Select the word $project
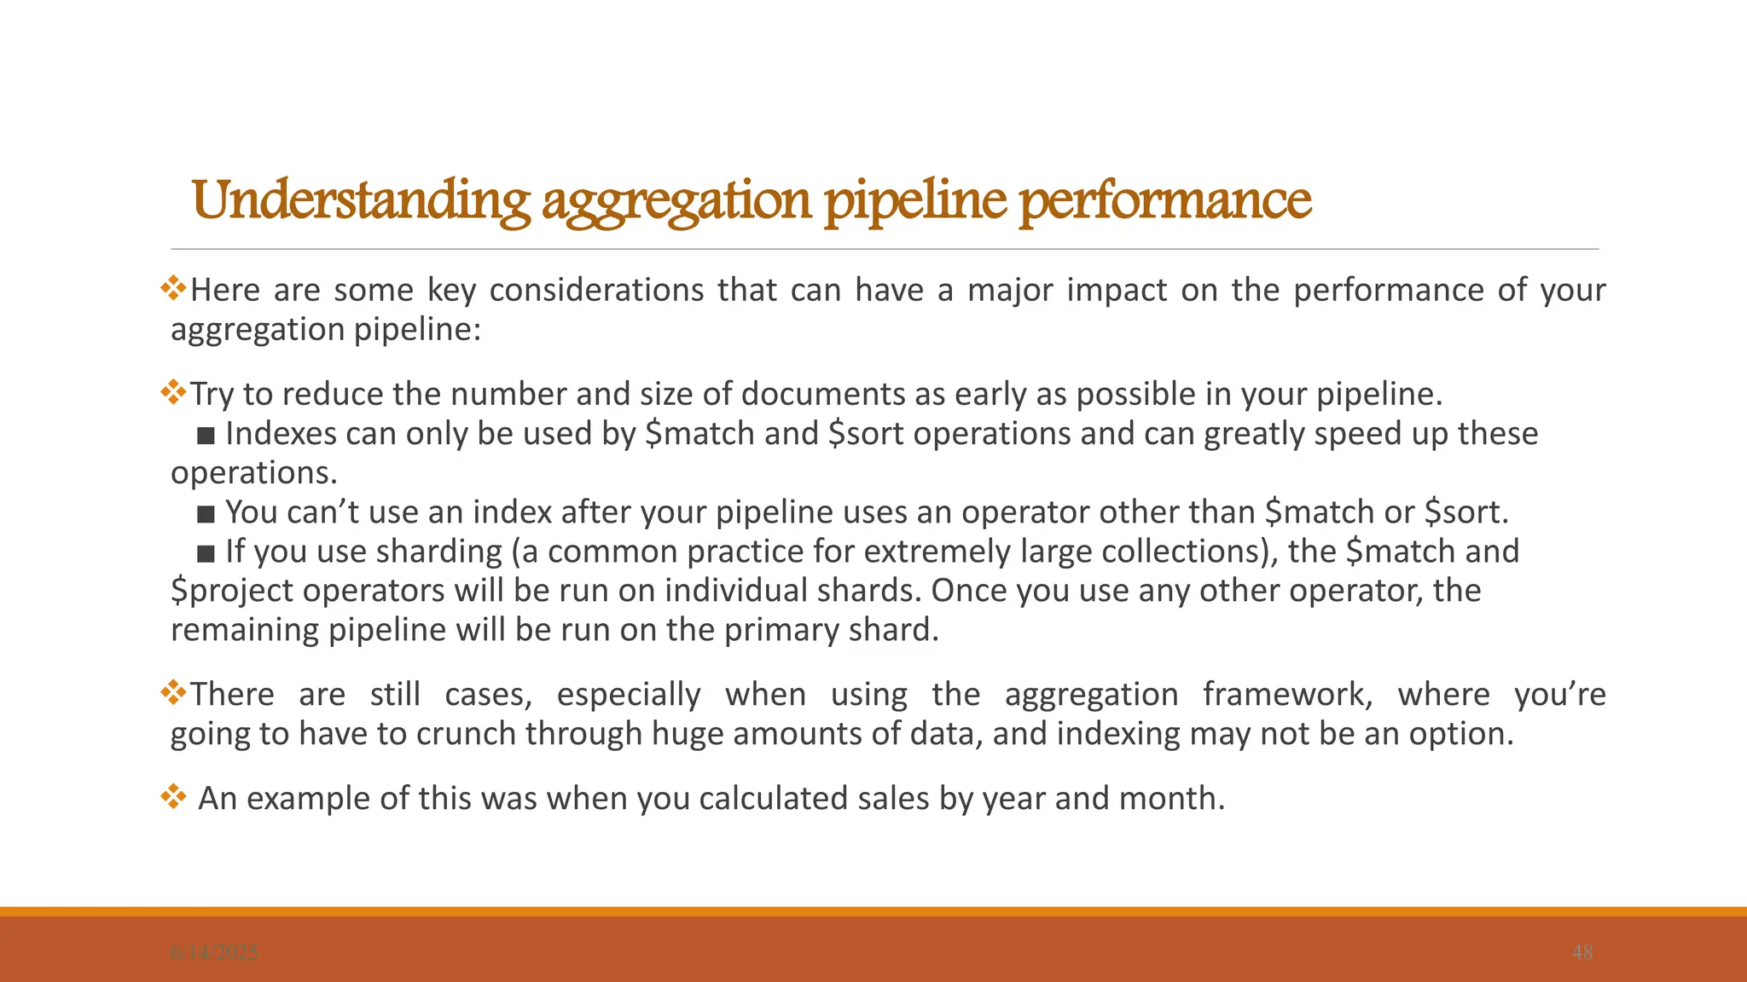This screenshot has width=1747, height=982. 230,591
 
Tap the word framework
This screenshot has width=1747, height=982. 1287,695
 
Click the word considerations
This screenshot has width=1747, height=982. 596,291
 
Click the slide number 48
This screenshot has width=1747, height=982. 1582,953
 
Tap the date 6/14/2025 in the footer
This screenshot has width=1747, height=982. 214,953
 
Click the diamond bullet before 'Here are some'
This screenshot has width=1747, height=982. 173,288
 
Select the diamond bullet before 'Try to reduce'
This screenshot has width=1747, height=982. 173,392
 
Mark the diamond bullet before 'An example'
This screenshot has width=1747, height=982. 173,797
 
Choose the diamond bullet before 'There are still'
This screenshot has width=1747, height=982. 173,692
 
